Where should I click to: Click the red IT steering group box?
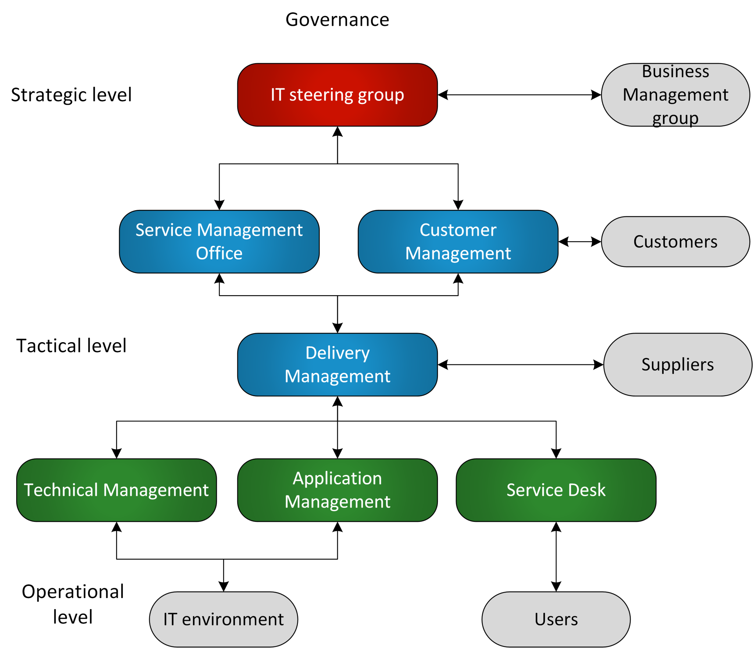pyautogui.click(x=337, y=95)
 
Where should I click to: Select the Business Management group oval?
pyautogui.click(x=675, y=95)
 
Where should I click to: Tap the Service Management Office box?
pyautogui.click(x=219, y=241)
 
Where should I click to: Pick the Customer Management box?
pyautogui.click(x=458, y=241)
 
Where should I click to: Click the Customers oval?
pyautogui.click(x=675, y=241)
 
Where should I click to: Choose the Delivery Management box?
pyautogui.click(x=337, y=365)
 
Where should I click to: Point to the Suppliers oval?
pyautogui.click(x=677, y=365)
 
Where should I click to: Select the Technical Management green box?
pyautogui.click(x=116, y=490)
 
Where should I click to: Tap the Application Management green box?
pyautogui.click(x=337, y=490)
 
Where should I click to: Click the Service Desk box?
pyautogui.click(x=556, y=490)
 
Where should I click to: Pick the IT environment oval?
pyautogui.click(x=223, y=619)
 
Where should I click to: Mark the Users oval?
pyautogui.click(x=556, y=619)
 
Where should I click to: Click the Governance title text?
pyautogui.click(x=337, y=19)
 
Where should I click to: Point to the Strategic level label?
pyautogui.click(x=71, y=95)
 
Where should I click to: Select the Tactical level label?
pyautogui.click(x=71, y=346)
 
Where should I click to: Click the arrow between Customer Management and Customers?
pyautogui.click(x=580, y=241)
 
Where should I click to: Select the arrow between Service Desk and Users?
pyautogui.click(x=556, y=556)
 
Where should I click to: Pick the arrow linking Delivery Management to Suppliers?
pyautogui.click(x=521, y=365)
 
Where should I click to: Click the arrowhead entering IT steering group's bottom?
pyautogui.click(x=338, y=132)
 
